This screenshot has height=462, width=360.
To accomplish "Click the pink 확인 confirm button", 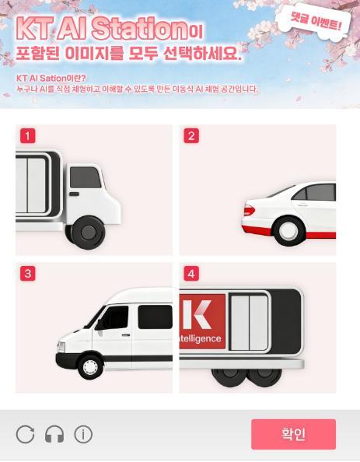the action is point(293,434).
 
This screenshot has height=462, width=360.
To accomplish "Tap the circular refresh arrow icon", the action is point(25,434).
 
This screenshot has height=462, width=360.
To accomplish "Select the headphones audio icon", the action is point(54,434).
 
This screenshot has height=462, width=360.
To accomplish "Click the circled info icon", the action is point(83,434).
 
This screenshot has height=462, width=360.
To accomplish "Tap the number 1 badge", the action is point(28,136).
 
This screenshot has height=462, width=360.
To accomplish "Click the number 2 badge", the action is point(191,136).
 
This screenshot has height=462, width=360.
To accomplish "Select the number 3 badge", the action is point(28,274).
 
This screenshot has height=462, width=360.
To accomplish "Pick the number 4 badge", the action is point(191,274).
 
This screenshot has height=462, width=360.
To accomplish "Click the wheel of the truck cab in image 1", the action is point(88,233).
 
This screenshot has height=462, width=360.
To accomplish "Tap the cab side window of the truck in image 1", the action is point(85,177).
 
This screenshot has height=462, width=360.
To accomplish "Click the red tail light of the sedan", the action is point(249,210).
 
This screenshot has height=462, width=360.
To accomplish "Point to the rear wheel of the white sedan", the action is point(288,231).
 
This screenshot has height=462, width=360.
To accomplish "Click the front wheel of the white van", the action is point(90,367).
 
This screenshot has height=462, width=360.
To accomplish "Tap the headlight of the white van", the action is point(61,347).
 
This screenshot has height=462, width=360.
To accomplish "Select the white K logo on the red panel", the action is point(197,314).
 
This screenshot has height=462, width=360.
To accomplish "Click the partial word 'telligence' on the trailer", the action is point(200,339).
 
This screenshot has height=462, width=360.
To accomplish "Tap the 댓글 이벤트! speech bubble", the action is point(315,22).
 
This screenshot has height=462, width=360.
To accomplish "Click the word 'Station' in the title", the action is point(139,28).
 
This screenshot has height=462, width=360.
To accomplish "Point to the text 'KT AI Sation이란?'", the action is point(51,79).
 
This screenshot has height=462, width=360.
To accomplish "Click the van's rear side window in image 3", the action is point(155,317).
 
